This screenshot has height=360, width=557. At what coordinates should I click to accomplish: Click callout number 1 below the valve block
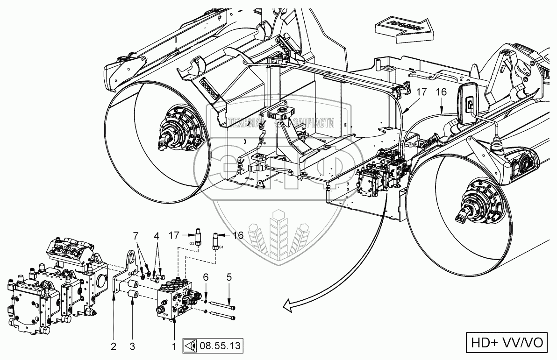[x=174, y=347]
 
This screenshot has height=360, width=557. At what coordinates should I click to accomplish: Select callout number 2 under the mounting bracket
[x=113, y=347]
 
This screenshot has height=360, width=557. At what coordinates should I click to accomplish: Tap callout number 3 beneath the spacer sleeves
[x=132, y=347]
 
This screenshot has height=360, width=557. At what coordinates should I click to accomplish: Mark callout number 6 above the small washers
[x=206, y=277]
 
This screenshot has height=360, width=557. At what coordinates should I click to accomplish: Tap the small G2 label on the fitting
[x=192, y=243]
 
